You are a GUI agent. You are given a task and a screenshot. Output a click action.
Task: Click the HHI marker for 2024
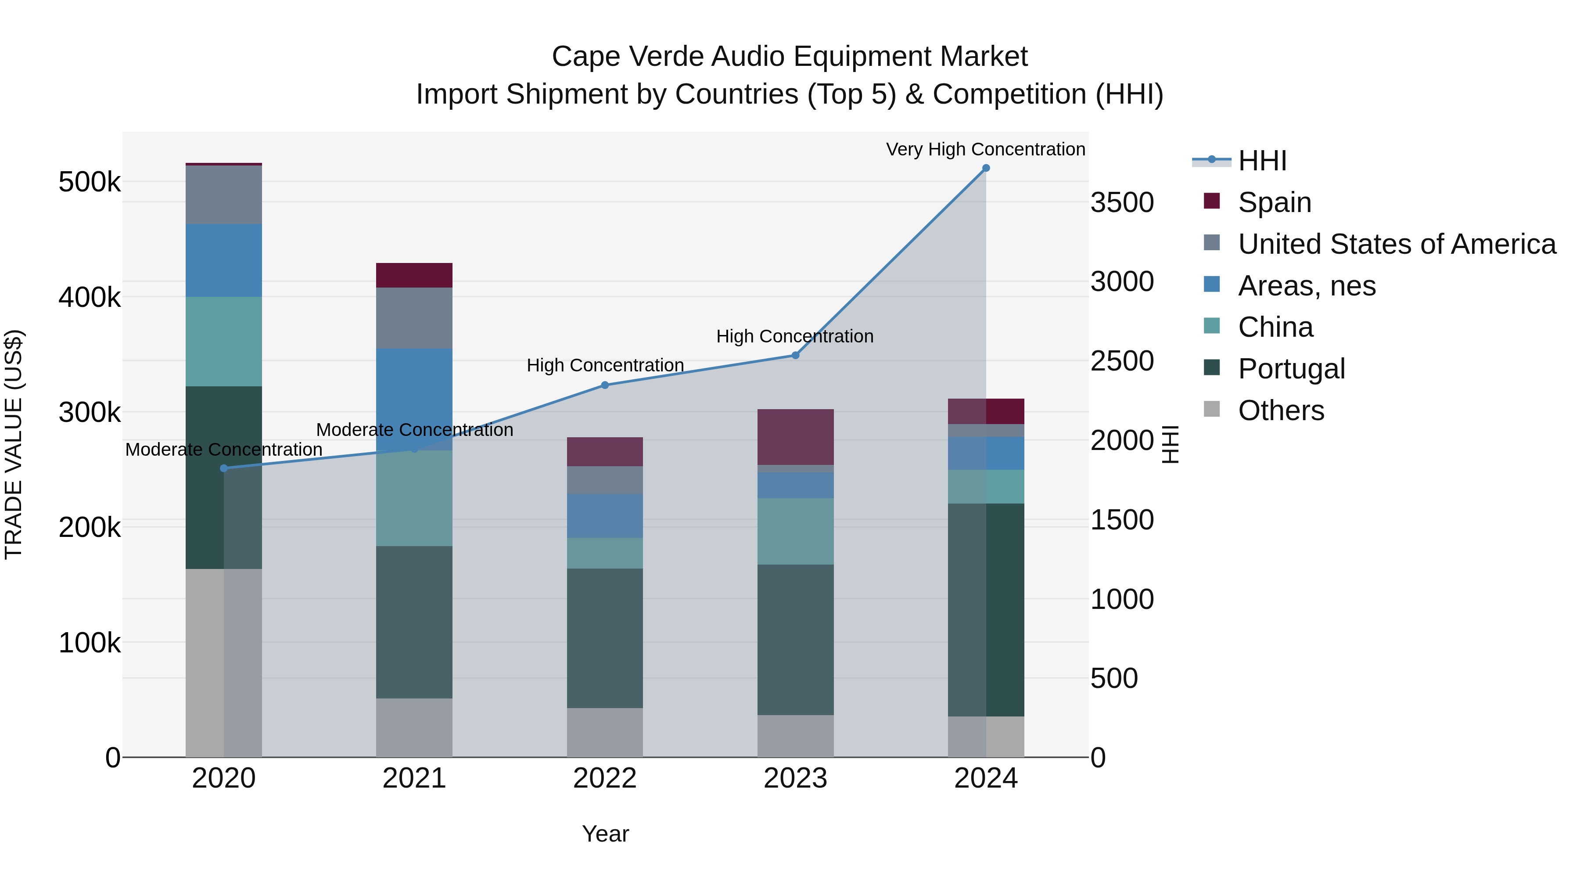point(986,168)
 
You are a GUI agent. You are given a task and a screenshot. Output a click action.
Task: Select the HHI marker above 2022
point(605,385)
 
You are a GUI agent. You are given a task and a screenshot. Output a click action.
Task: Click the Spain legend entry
point(1274,202)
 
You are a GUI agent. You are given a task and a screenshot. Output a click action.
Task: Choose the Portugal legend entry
point(1291,369)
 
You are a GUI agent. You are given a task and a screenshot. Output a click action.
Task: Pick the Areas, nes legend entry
point(1307,286)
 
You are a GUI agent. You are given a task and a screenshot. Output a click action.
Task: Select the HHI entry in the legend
point(1262,161)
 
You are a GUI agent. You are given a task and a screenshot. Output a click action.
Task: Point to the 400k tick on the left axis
point(90,298)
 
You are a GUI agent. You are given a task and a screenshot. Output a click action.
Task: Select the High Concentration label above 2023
point(794,336)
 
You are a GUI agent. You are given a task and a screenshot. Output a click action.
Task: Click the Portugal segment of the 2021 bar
point(414,622)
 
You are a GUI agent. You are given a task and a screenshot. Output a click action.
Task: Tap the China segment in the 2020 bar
point(224,341)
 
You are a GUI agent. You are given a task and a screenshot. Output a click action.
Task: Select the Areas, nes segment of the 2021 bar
point(414,392)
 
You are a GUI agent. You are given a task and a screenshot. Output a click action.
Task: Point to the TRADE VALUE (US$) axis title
point(14,444)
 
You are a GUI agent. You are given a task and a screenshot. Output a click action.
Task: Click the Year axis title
point(605,834)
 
